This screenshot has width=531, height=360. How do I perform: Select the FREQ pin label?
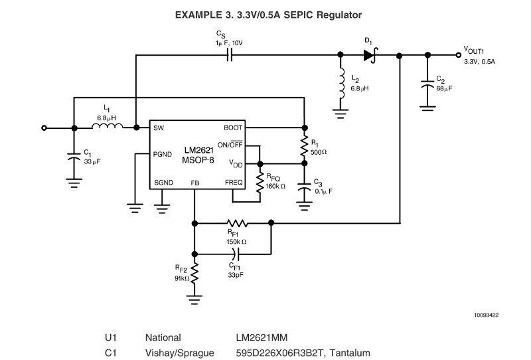click(234, 182)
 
